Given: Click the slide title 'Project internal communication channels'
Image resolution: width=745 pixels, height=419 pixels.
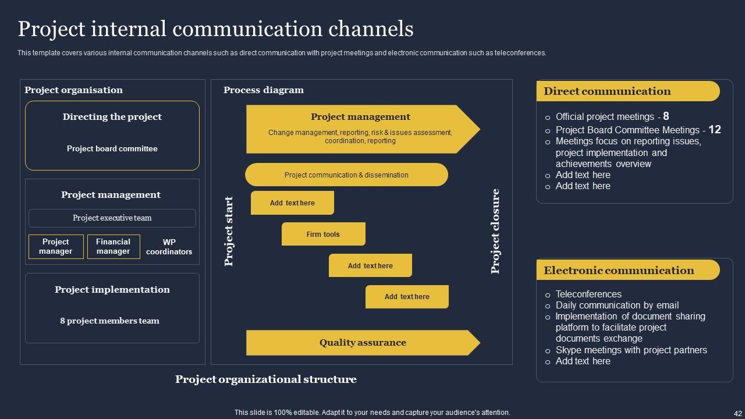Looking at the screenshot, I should [215, 29].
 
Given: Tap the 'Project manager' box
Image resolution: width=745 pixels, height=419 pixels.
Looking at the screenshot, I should [56, 247].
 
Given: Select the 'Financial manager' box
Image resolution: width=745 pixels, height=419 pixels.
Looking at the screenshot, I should [113, 247].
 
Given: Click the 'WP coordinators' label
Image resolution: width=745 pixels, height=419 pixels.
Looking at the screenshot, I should [169, 247].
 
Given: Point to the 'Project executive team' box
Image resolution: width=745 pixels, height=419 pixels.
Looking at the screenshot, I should [112, 218].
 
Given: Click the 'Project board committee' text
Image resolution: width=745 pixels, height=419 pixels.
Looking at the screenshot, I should [112, 148].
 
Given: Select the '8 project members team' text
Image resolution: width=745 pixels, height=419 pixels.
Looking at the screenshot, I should [109, 321].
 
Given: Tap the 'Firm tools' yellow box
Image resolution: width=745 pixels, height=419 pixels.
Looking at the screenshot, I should [324, 234].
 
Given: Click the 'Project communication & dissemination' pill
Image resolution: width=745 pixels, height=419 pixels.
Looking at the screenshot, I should [346, 175].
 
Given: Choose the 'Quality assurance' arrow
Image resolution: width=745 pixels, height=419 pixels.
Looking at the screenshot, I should [363, 343].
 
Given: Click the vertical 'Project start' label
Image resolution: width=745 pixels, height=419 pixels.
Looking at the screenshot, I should [229, 232].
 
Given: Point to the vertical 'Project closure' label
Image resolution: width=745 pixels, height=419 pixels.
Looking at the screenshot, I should [495, 232].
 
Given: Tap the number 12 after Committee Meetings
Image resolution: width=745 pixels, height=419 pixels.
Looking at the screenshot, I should [715, 130].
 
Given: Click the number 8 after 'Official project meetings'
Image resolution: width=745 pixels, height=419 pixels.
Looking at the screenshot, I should [666, 116].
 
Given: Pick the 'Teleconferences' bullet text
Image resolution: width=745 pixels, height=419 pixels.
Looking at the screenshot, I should [588, 294].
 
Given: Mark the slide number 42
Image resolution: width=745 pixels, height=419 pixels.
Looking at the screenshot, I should [734, 413].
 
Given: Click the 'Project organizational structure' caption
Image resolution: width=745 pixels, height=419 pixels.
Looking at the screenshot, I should [266, 379].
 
